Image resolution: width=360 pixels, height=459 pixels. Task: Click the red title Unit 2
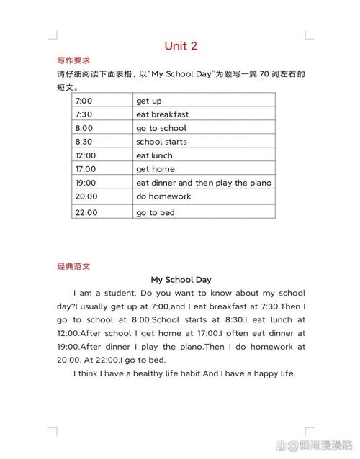coord(180,46)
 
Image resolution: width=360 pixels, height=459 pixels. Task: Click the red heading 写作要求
coord(73,61)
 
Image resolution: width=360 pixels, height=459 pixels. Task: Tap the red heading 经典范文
coord(73,265)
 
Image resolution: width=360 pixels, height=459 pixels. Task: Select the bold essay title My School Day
coord(181,279)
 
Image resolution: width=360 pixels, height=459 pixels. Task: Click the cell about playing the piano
coord(204,183)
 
